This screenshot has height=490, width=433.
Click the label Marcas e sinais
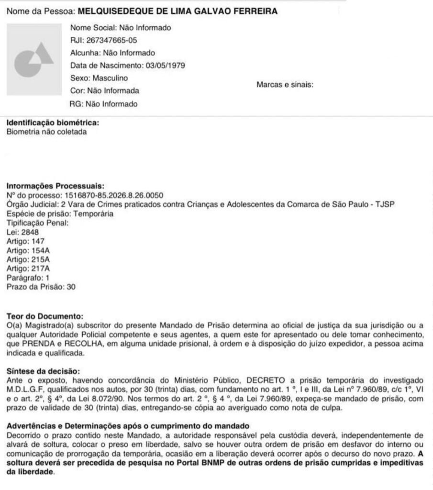click(x=285, y=85)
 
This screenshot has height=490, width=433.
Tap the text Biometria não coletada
click(x=46, y=132)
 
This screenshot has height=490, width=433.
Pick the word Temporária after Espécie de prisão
click(x=93, y=213)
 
